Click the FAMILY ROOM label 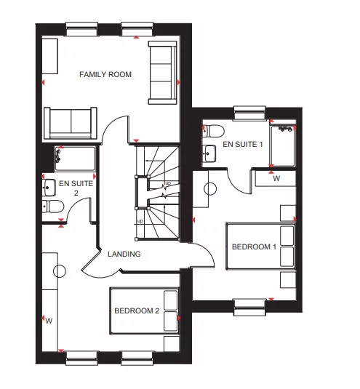(x=105, y=74)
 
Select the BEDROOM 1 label (x=254, y=247)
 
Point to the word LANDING (x=124, y=254)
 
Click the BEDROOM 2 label (x=136, y=311)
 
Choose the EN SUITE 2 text (x=76, y=188)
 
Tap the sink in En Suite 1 (x=209, y=153)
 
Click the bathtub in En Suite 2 (x=75, y=157)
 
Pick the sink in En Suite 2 (x=49, y=188)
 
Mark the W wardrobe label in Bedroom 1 (x=276, y=177)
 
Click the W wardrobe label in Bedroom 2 (x=49, y=320)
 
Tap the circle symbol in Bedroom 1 (x=210, y=189)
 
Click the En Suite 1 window (x=249, y=113)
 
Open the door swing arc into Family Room (x=116, y=131)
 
